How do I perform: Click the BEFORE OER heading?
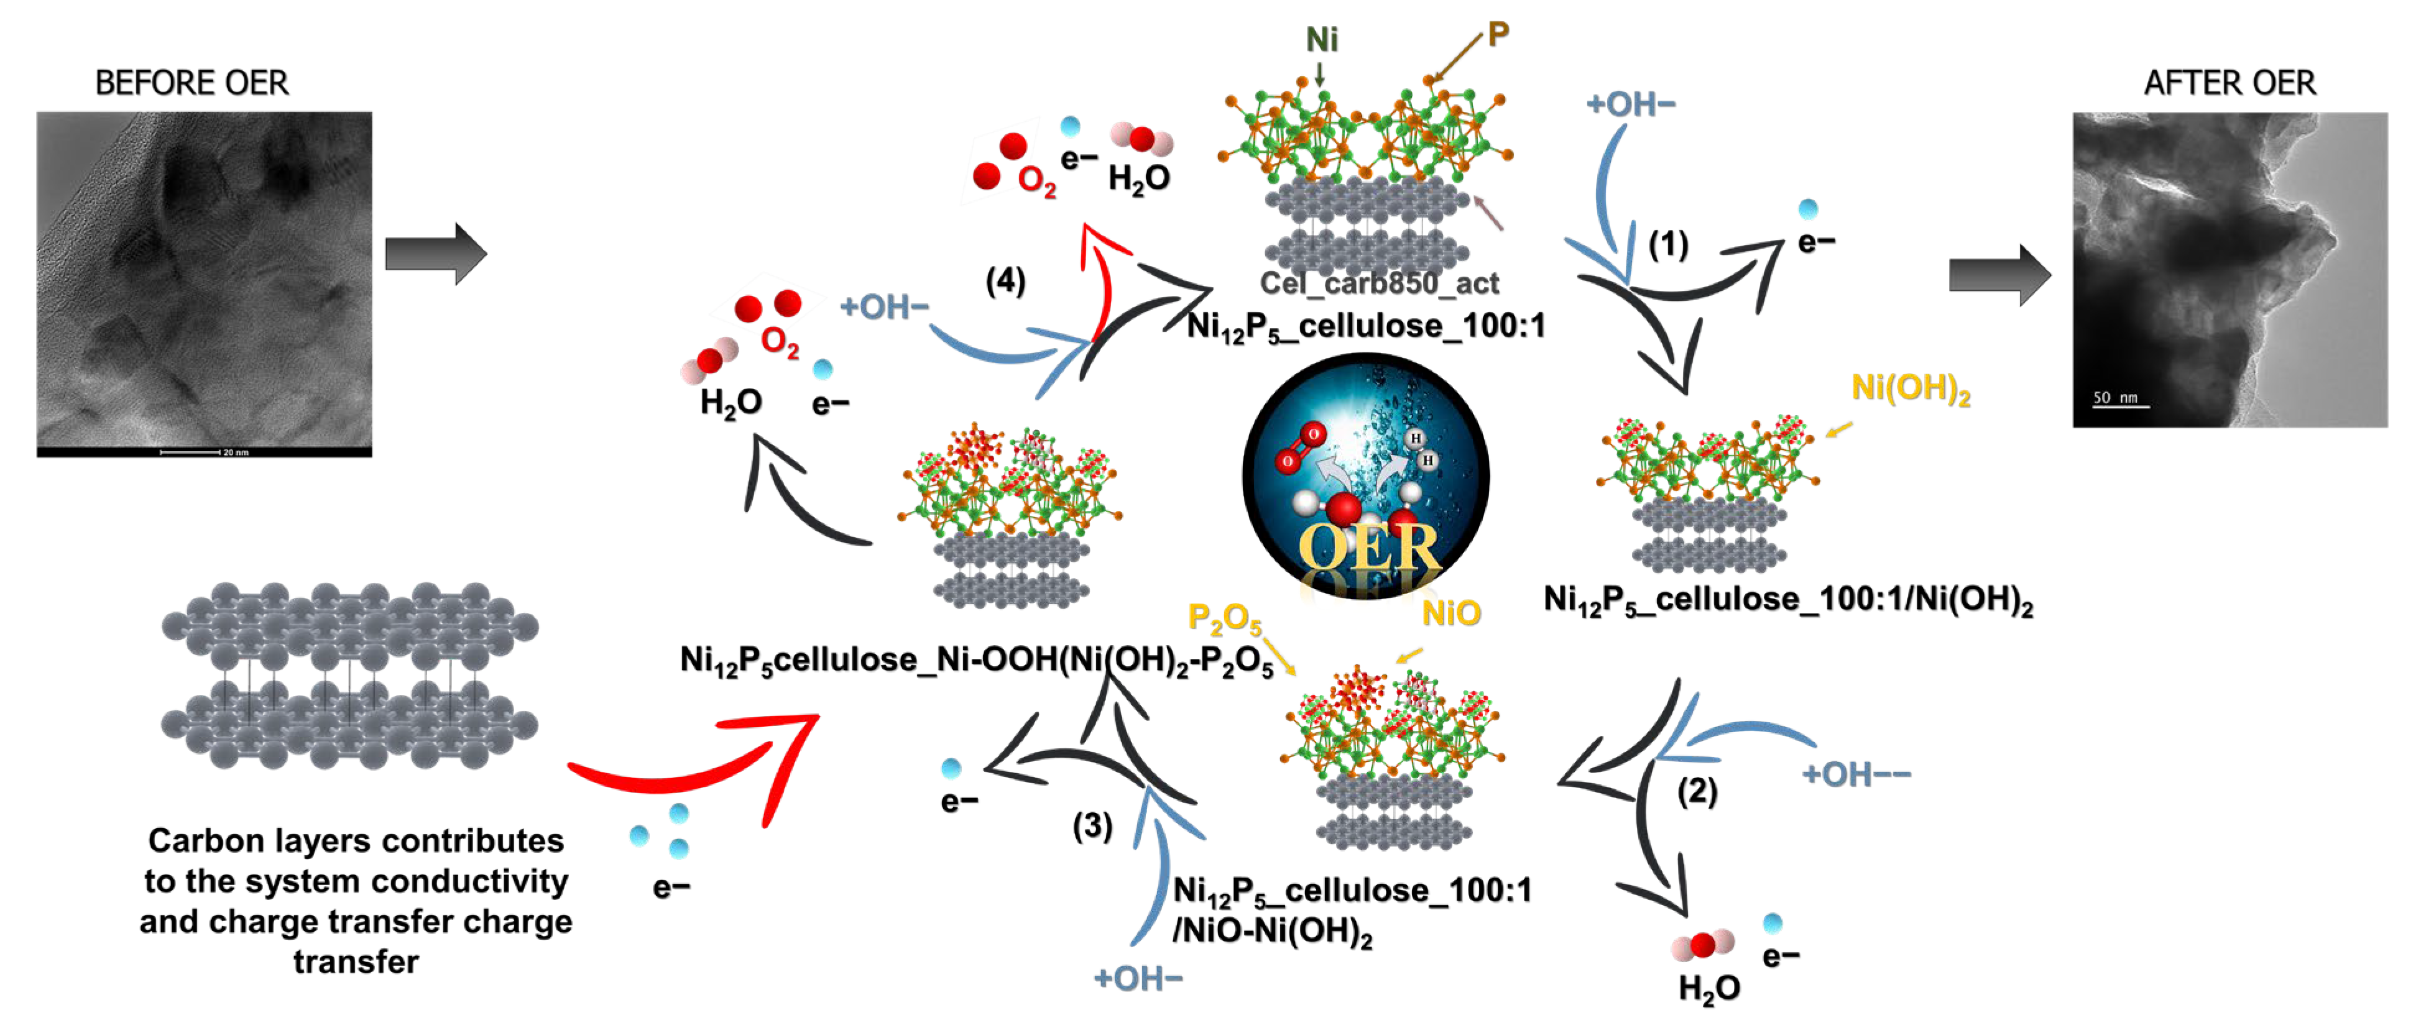coord(191,83)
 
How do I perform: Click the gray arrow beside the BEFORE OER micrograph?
coord(435,253)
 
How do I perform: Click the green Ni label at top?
coord(1322,39)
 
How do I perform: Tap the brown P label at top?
coord(1498,35)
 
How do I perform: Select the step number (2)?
coord(1697,791)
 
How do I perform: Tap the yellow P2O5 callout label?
coord(1224,618)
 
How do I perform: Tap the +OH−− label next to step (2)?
coord(1855,775)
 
